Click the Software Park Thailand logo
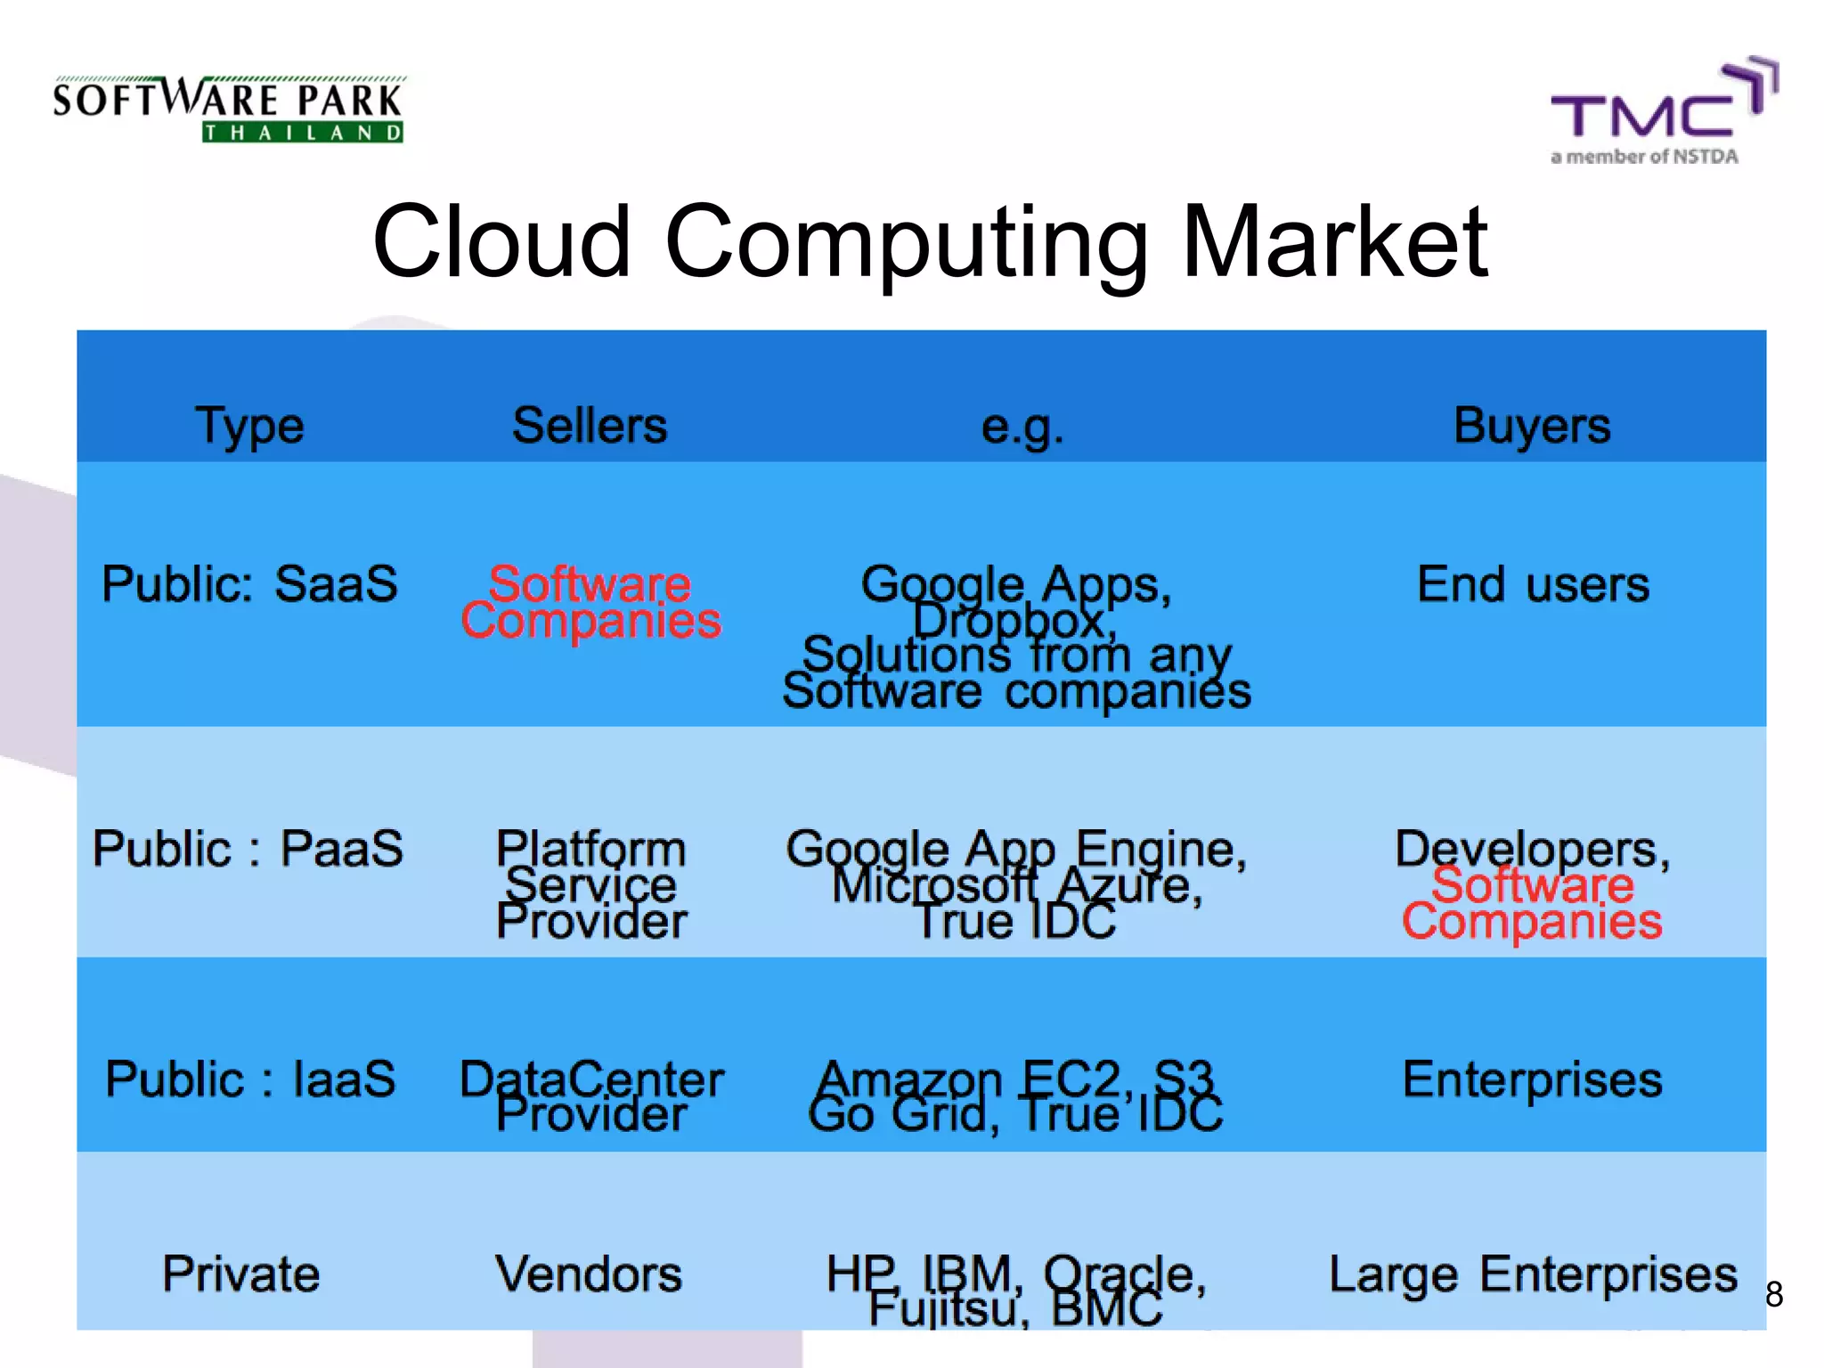(229, 110)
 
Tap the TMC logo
(1662, 112)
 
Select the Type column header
(249, 426)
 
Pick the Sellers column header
(590, 425)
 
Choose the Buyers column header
(1532, 425)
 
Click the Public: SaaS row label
(249, 584)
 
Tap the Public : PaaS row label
(248, 848)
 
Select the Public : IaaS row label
(250, 1079)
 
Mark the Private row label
(240, 1274)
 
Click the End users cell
(1533, 584)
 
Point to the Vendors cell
(589, 1274)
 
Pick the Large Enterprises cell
(1533, 1274)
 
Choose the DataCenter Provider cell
(591, 1095)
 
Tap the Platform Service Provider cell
(591, 884)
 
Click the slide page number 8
(1774, 1294)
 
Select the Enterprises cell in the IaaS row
(1532, 1079)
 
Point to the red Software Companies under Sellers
(590, 602)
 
